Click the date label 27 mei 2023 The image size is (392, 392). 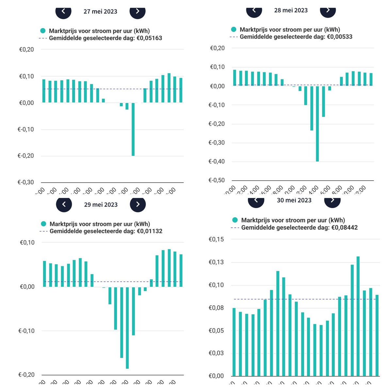pos(100,11)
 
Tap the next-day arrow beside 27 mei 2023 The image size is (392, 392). pos(138,11)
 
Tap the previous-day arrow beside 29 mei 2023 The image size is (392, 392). pos(64,204)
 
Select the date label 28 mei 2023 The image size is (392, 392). pos(291,10)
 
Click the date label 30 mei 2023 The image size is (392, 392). pos(294,200)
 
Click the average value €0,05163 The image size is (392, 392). pos(149,38)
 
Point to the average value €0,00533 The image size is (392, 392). pos(339,37)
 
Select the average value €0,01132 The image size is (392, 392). pos(149,231)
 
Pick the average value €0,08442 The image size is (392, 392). pos(345,227)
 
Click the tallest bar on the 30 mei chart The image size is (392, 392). pos(358,316)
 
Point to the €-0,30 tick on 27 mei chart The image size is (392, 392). pos(26,182)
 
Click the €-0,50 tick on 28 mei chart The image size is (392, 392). pos(217,180)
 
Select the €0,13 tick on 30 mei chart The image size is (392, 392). pos(216,262)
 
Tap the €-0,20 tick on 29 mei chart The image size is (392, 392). pos(26,375)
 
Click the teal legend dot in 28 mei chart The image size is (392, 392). pos(234,29)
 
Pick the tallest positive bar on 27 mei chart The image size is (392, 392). pos(169,88)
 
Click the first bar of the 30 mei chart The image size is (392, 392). pos(234,342)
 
